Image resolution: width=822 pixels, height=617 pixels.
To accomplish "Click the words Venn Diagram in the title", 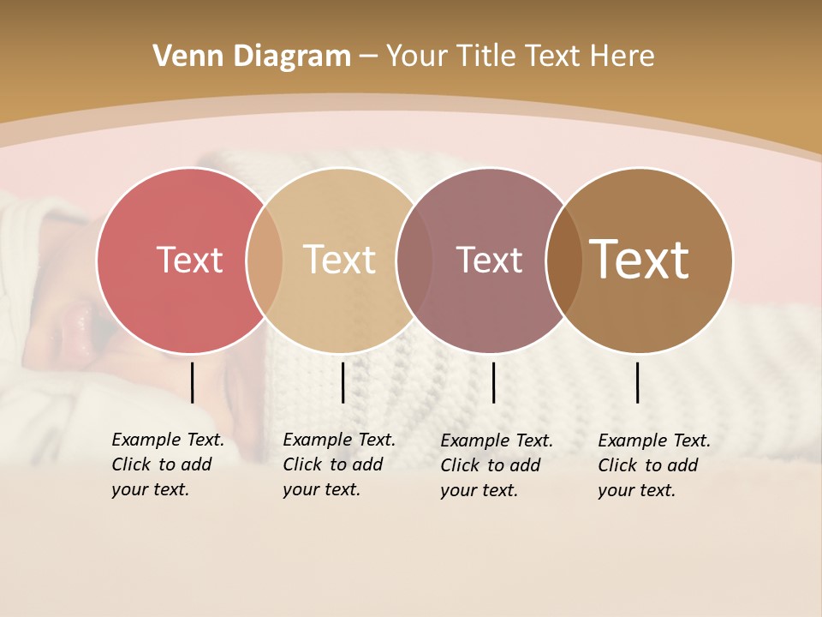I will click(252, 57).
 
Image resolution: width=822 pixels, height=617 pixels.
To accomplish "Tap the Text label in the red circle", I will click(189, 260).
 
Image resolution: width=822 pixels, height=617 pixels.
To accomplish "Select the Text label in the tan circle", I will click(339, 260).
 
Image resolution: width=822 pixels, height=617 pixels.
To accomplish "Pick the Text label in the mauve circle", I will click(489, 260).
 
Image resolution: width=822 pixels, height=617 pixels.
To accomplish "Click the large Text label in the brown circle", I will click(639, 260).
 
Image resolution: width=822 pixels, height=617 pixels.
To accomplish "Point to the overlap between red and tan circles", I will click(265, 260).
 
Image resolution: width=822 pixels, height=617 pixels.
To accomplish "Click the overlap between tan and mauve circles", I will click(414, 260).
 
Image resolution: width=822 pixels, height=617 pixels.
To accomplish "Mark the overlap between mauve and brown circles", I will click(564, 260).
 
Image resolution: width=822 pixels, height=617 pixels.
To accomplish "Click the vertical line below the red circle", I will click(192, 382).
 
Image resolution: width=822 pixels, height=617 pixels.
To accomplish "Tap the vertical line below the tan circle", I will click(342, 382).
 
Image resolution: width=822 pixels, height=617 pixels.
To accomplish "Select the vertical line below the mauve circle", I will click(493, 382).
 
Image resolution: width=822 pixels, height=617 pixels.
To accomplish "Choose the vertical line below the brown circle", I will click(637, 382).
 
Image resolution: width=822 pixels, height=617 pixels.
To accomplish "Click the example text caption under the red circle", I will click(167, 464).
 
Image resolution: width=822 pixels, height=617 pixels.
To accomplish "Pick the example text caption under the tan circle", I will click(338, 464).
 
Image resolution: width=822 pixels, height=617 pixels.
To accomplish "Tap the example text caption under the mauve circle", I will click(496, 465).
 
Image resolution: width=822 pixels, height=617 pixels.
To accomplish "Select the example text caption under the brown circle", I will click(653, 465).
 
